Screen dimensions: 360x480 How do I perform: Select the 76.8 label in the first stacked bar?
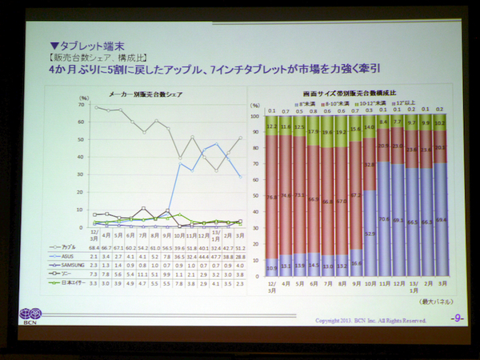[272, 197]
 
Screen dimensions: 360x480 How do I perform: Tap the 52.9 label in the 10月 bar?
[370, 234]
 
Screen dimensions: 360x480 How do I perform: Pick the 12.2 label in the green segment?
[272, 126]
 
